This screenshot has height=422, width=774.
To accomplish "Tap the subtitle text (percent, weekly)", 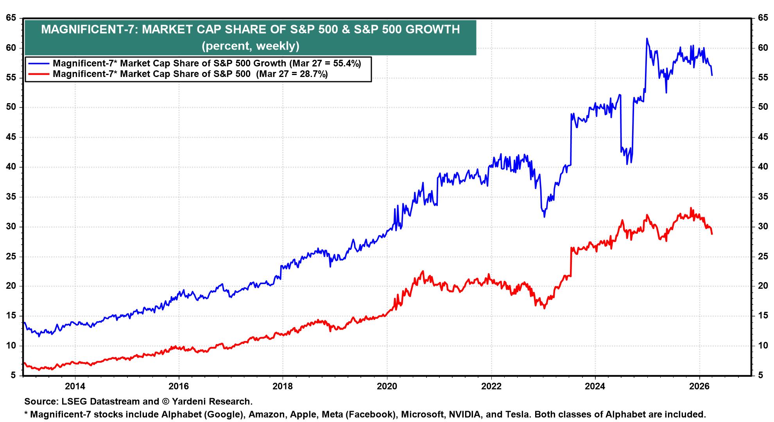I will click(x=250, y=46).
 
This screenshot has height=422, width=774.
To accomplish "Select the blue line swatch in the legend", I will click(x=38, y=63).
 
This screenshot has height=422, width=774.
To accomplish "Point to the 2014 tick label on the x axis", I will click(x=75, y=387).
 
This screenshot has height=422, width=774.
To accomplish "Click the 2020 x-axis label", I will click(x=387, y=387).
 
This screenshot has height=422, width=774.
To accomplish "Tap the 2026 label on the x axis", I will click(x=699, y=387).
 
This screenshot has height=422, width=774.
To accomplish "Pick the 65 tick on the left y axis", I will click(x=11, y=18).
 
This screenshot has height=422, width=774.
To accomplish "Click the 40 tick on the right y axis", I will click(x=763, y=167).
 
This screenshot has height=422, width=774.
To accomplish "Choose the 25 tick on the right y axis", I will click(x=763, y=256).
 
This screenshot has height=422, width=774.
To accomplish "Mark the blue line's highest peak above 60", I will click(x=647, y=38).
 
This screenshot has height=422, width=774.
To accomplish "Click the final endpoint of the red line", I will click(x=712, y=234).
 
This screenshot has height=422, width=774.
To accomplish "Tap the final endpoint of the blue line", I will click(x=712, y=75).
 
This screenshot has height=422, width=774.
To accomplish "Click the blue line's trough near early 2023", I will click(x=544, y=217).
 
